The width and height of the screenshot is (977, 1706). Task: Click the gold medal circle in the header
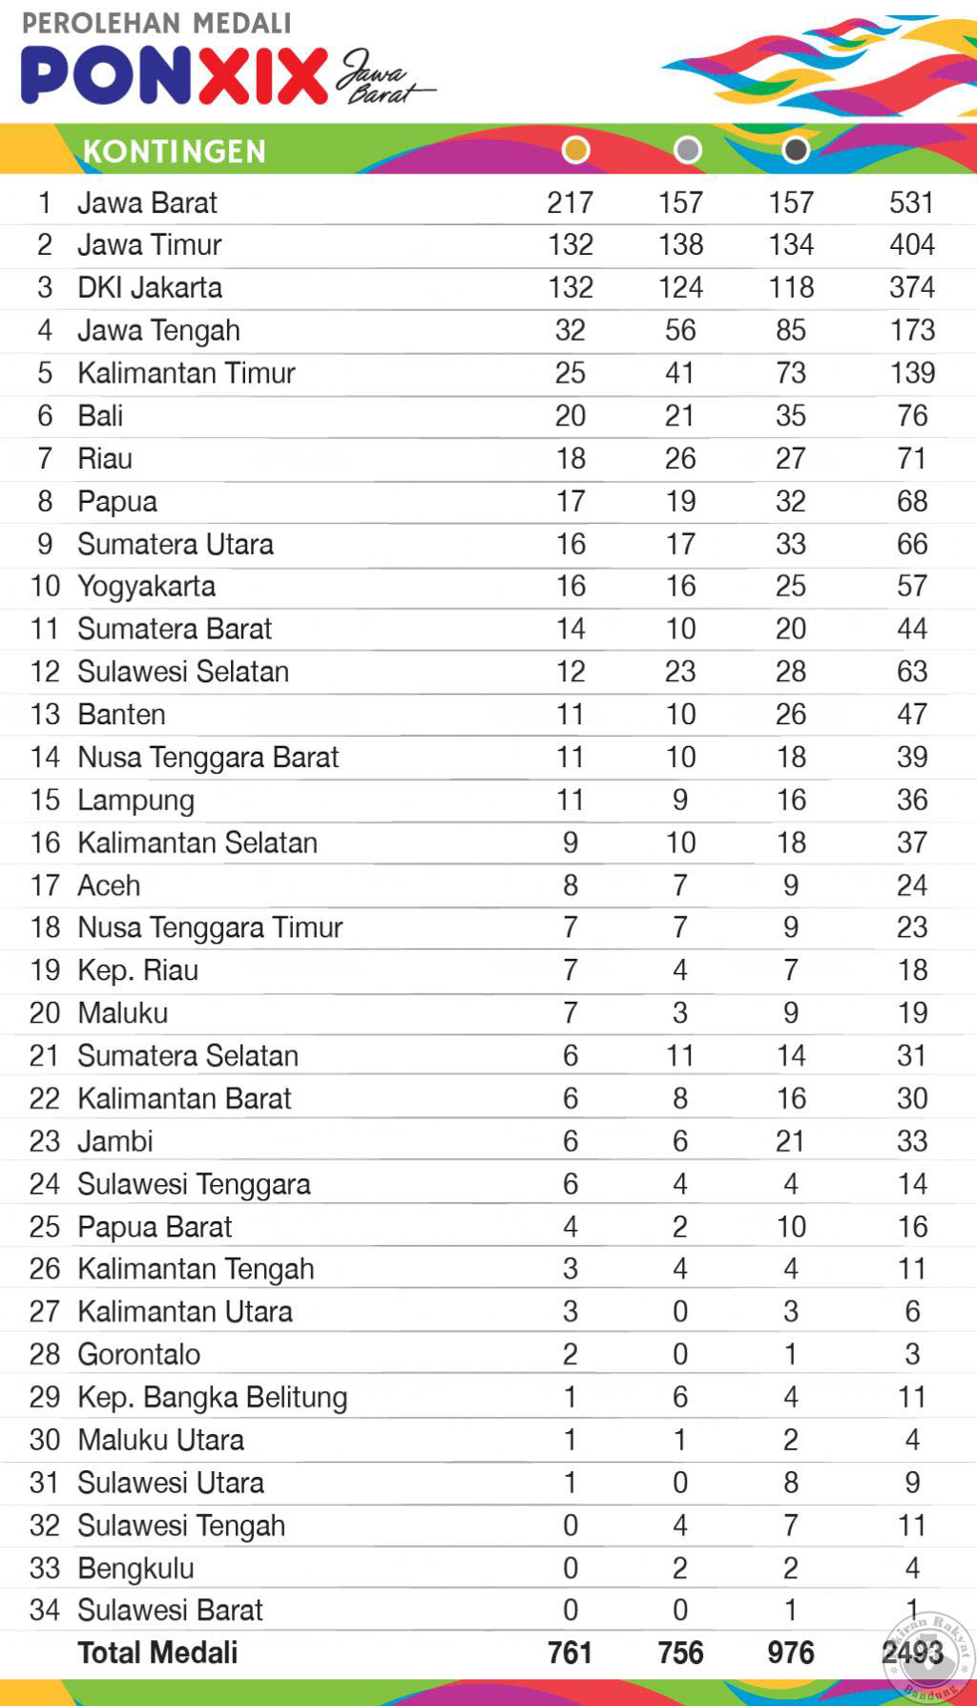(x=575, y=150)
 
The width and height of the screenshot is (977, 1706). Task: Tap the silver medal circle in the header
(x=687, y=150)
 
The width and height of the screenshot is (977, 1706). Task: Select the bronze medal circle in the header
(x=796, y=150)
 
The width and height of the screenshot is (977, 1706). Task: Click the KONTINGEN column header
(x=175, y=152)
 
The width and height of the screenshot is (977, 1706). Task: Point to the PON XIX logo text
(x=175, y=76)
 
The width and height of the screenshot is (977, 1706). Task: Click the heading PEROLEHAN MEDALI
(x=156, y=23)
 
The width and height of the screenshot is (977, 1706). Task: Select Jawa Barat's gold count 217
(x=571, y=202)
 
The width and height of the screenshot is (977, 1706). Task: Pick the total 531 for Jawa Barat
(x=911, y=202)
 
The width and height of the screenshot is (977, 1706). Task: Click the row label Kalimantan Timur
(x=186, y=373)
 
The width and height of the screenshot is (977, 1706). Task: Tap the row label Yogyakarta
(x=146, y=586)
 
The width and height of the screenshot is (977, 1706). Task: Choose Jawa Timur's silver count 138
(x=680, y=245)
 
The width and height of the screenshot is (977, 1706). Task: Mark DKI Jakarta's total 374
(x=911, y=287)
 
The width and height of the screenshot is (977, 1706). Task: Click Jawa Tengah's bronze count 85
(x=791, y=330)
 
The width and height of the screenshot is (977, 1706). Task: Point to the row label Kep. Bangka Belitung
(x=212, y=1397)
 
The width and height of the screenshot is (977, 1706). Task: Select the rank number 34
(x=45, y=1611)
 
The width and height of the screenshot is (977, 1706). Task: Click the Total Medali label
(x=157, y=1653)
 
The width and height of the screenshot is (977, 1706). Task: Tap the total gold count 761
(x=571, y=1653)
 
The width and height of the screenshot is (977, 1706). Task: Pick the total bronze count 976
(x=791, y=1653)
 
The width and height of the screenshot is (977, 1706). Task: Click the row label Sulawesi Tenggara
(x=194, y=1184)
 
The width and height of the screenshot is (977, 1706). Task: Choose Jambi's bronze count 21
(x=790, y=1141)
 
